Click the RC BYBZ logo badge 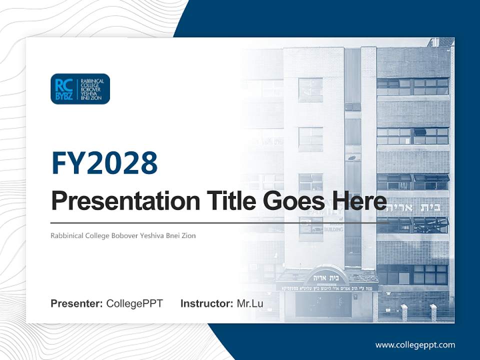point(80,89)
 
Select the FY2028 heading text point(104,163)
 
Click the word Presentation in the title point(125,201)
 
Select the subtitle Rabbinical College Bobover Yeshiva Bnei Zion point(123,235)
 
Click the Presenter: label point(77,303)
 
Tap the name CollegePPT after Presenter point(134,303)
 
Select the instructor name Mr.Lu point(250,303)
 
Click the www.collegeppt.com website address point(415,344)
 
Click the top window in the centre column point(310,88)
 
